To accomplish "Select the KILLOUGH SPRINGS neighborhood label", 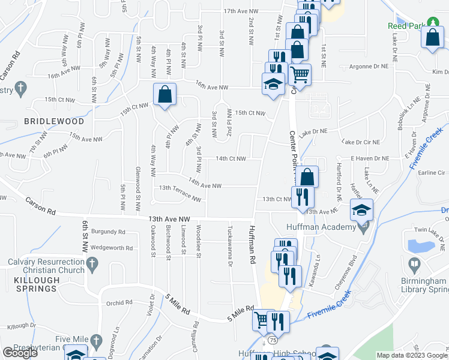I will click(41, 288).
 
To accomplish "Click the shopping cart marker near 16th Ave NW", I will click(300, 75).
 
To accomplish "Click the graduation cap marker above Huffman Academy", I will click(362, 210).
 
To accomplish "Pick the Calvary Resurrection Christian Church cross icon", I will click(91, 263).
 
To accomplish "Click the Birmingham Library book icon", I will click(414, 263).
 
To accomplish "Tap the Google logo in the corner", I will click(20, 353).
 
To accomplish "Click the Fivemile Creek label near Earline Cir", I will click(426, 148).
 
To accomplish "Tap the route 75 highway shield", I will click(273, 340).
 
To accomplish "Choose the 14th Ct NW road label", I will click(231, 158).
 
